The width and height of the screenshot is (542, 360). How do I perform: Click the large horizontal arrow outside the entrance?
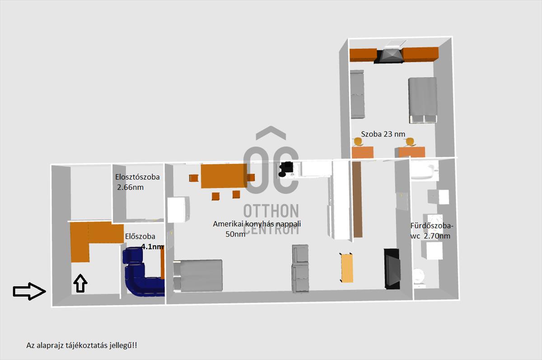point(29,291)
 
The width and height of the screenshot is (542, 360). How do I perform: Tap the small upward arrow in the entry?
point(80,283)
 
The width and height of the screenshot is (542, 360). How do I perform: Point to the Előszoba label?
point(140,236)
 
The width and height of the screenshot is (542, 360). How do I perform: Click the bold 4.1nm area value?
point(153,247)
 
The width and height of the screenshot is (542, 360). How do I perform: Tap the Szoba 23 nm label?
point(383,134)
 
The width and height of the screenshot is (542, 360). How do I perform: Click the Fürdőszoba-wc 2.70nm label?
point(431,231)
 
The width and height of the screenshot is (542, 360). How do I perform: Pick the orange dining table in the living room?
point(224,176)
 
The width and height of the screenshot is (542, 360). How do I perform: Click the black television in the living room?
point(392,269)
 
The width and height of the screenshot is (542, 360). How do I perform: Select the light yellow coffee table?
point(346,267)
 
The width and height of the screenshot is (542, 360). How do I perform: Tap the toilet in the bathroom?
point(419,278)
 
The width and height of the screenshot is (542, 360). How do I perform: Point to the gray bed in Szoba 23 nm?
point(422,100)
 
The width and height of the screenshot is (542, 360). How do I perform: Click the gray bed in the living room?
point(198,276)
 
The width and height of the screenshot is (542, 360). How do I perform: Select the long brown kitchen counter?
point(357,199)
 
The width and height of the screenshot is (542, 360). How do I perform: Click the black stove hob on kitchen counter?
point(286,169)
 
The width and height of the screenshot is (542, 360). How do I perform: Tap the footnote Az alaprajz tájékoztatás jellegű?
point(82,345)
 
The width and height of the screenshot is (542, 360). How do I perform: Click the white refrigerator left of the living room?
point(178,210)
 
